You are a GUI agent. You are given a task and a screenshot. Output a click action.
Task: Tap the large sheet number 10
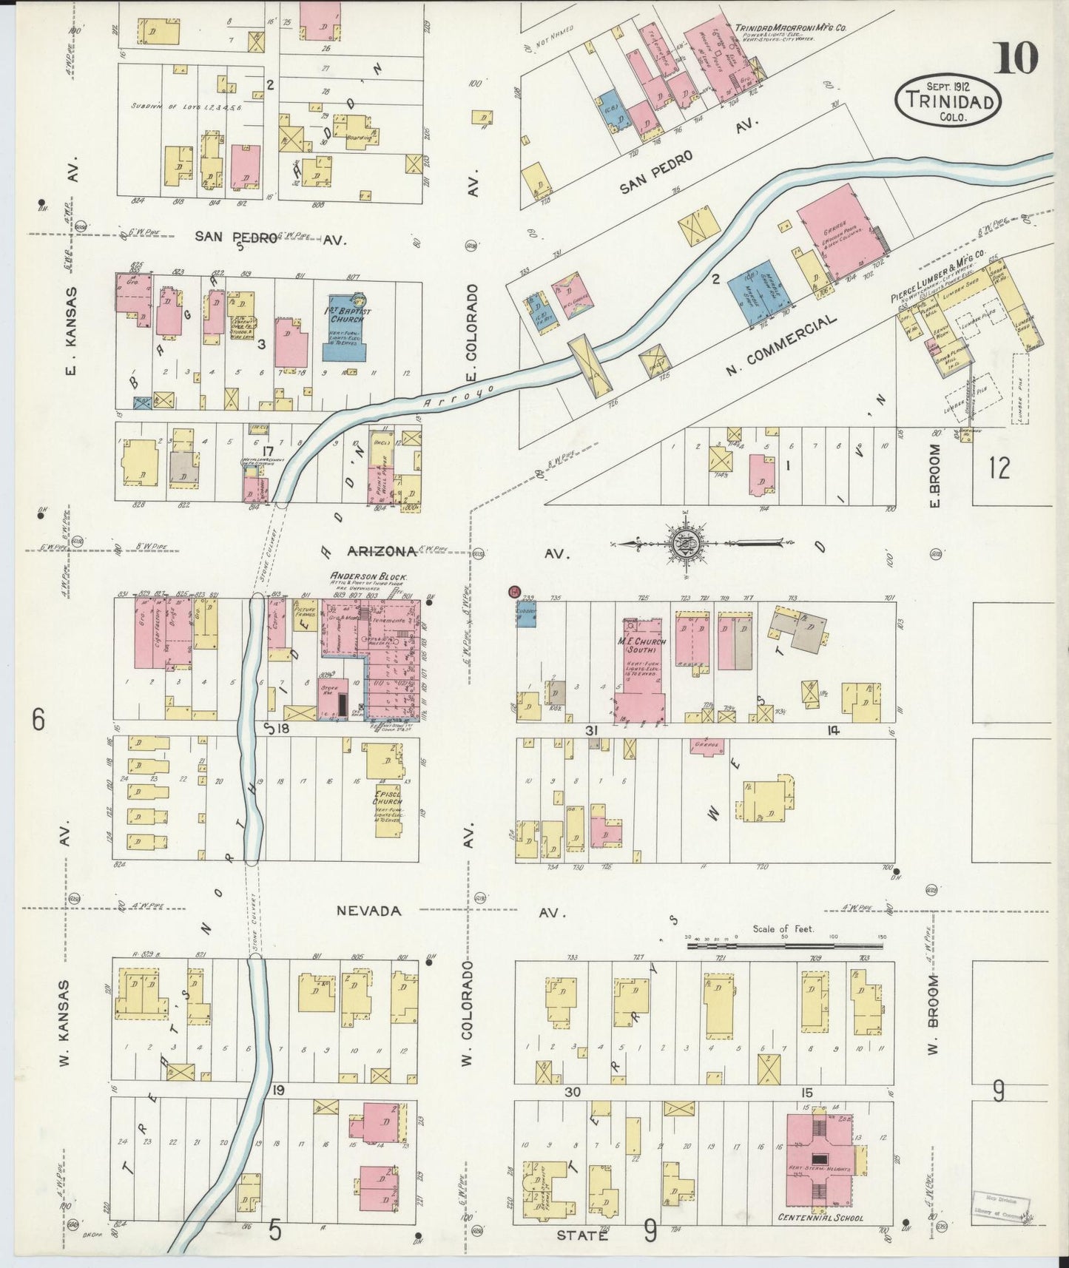click(x=1016, y=58)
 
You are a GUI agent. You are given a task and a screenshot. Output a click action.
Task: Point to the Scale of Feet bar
click(x=784, y=945)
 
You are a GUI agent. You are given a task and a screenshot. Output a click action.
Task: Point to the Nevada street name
click(x=368, y=911)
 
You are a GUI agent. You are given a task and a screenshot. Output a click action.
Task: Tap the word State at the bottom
click(x=581, y=1235)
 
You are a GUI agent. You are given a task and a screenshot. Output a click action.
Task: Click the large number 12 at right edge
click(x=998, y=468)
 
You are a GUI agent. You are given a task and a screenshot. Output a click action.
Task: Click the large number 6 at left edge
click(x=38, y=719)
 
